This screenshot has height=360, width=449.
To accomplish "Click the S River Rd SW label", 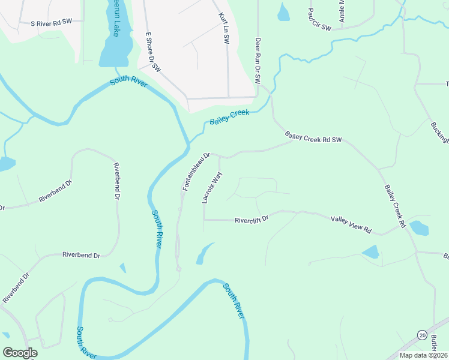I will click(x=51, y=22).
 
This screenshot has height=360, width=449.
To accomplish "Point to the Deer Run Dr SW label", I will click(x=259, y=61).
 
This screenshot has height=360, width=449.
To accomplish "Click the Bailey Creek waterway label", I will click(x=229, y=116).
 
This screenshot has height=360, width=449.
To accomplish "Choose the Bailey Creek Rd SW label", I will click(x=313, y=137).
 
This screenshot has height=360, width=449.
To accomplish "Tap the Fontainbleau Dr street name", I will click(x=196, y=172).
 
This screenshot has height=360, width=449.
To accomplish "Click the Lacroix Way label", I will click(x=212, y=187).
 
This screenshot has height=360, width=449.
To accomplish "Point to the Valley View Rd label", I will click(x=351, y=225).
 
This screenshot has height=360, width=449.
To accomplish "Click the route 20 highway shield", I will click(x=423, y=334).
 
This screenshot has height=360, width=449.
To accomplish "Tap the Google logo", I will click(x=20, y=353).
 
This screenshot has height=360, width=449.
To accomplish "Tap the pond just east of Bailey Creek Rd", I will click(x=419, y=229).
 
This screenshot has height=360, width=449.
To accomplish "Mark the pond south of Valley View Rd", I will click(x=371, y=252).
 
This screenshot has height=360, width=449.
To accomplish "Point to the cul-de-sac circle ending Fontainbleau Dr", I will click(x=178, y=269).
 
